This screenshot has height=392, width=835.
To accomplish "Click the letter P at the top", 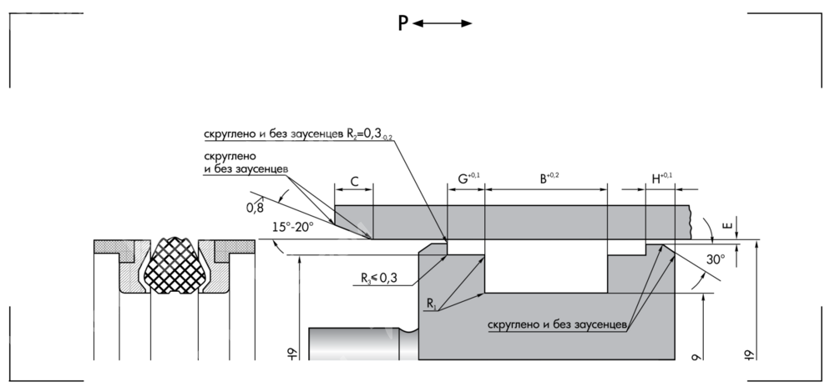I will click(x=402, y=24).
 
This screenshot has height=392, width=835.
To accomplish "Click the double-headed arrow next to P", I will click(x=443, y=24).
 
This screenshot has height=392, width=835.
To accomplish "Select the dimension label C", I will click(x=354, y=180).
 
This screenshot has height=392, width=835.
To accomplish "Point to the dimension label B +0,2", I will click(x=547, y=178).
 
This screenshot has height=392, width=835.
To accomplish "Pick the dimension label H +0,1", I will click(x=661, y=178).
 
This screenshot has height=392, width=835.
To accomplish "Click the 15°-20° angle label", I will click(x=293, y=227).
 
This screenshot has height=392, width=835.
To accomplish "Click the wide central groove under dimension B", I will click(x=546, y=267).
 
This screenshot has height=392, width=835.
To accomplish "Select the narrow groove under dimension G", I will click(x=466, y=248).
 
